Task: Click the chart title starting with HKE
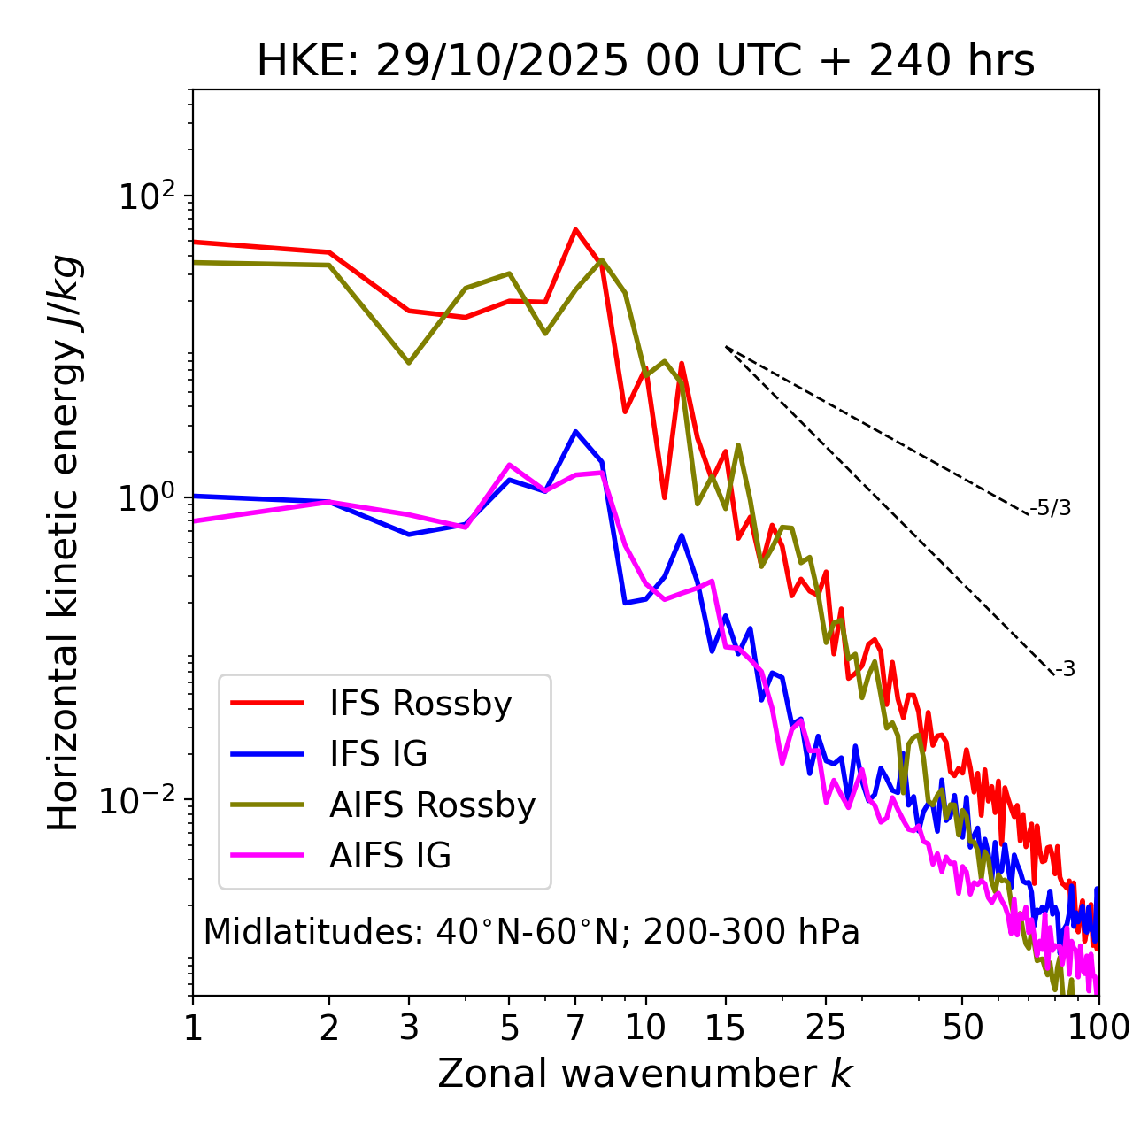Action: pos(645,62)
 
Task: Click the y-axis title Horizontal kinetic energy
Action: pos(64,543)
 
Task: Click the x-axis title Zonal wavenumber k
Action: pos(645,1073)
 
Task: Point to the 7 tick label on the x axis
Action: pos(575,1028)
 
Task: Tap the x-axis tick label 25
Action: pos(826,1028)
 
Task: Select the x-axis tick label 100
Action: pos(1098,1028)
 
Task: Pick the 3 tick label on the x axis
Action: pos(409,1028)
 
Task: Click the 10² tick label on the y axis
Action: pos(146,196)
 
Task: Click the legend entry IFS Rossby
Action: pos(420,704)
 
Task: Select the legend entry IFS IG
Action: pos(378,754)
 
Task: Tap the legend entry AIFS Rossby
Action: pos(432,805)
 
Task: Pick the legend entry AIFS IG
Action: pos(389,856)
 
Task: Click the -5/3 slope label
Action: pos(1051,508)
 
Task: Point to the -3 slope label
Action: pos(1065,670)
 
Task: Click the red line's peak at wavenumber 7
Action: pos(575,230)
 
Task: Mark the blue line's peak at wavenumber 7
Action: pos(575,432)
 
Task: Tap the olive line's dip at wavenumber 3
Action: pos(409,363)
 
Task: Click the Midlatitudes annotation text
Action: pos(531,932)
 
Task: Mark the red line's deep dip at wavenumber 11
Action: pos(665,497)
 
